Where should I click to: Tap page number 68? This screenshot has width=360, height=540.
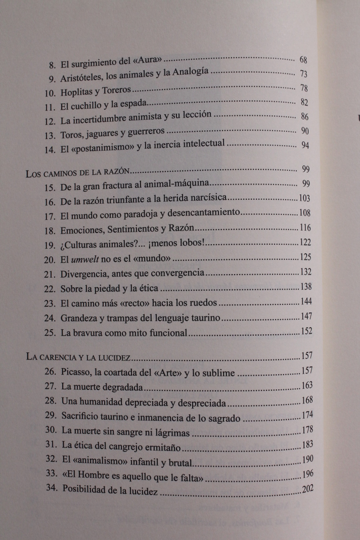pyautogui.click(x=303, y=60)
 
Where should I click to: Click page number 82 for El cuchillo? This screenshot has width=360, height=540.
pyautogui.click(x=303, y=102)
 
